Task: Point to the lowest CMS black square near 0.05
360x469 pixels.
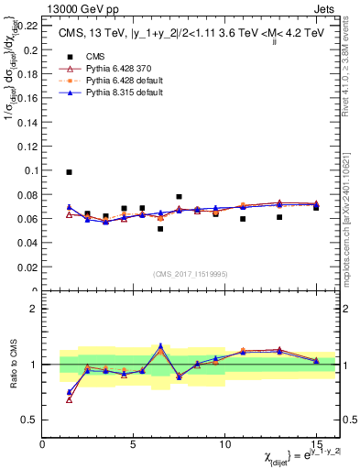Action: (x=160, y=229)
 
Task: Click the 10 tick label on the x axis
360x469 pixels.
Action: (x=224, y=444)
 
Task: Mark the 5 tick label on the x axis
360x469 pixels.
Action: (x=134, y=444)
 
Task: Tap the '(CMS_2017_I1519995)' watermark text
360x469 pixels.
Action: (x=190, y=274)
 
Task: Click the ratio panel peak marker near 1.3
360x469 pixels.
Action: (x=160, y=346)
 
